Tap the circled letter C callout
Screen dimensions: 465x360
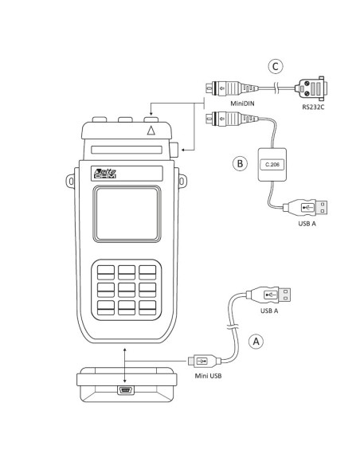pos(275,66)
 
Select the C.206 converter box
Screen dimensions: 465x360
pos(268,164)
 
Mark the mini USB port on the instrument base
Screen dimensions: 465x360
pos(125,390)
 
